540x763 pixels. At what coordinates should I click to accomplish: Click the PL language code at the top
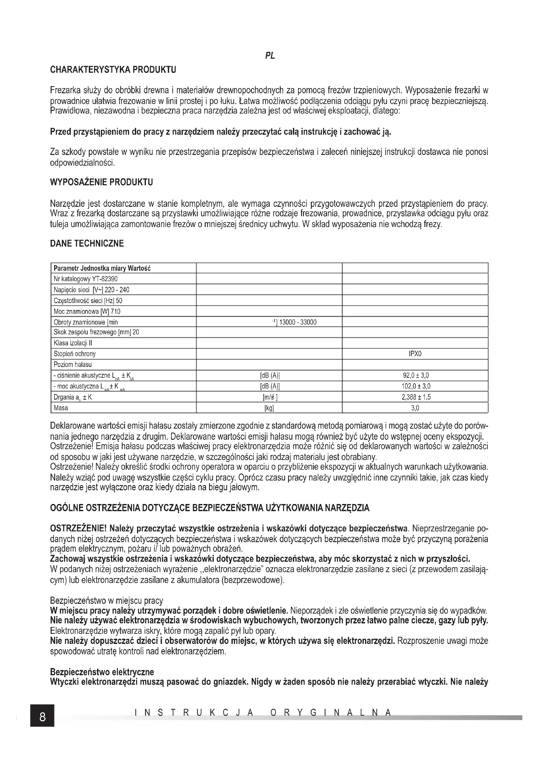point(270,56)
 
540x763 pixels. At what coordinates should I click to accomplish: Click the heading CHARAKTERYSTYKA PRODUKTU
point(113,70)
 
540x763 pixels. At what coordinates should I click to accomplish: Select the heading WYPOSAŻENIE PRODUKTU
point(102,182)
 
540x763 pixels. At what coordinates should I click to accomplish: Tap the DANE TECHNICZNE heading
point(87,244)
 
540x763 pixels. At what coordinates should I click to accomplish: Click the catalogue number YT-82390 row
point(86,279)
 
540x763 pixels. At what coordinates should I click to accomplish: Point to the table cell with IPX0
point(415,354)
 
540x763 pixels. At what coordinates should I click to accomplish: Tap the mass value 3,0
point(415,408)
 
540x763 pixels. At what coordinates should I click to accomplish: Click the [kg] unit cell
point(269,408)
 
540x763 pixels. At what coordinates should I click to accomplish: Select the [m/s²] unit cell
point(269,397)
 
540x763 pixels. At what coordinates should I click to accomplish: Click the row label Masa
point(61,408)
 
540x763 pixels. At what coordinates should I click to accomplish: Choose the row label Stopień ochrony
point(74,354)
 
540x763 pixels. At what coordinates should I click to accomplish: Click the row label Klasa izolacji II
point(73,343)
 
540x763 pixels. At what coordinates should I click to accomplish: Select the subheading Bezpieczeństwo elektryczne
point(102,672)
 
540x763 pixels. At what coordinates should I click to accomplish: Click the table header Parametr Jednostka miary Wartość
point(102,268)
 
